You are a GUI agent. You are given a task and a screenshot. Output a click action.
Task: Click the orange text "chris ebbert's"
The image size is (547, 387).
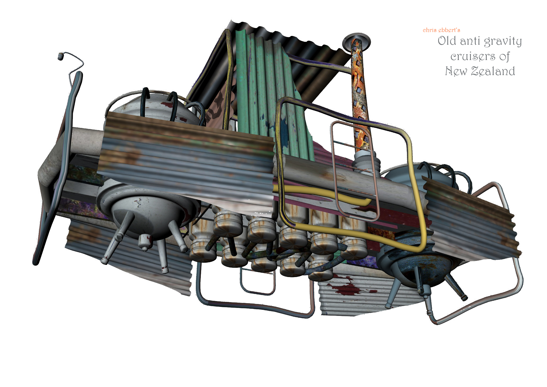click(441, 30)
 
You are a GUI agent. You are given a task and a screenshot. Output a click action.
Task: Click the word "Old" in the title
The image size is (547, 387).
click(447, 41)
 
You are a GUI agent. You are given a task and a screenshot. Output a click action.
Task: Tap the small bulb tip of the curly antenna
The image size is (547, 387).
click(61, 56)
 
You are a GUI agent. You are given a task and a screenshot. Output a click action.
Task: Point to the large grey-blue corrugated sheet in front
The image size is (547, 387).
click(185, 159)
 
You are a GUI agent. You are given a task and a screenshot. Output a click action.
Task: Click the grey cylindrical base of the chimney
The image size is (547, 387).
click(366, 163)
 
